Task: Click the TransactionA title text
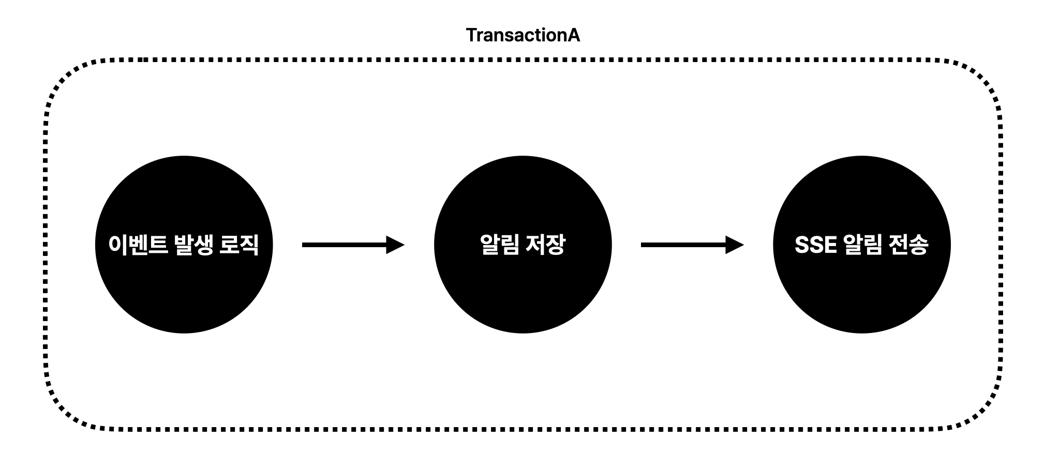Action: [x=522, y=35]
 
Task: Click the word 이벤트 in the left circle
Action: [x=138, y=245]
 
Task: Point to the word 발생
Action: [x=193, y=245]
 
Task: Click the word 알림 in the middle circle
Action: [x=499, y=245]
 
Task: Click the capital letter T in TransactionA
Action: [x=471, y=35]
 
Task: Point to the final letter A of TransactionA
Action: [x=574, y=35]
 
